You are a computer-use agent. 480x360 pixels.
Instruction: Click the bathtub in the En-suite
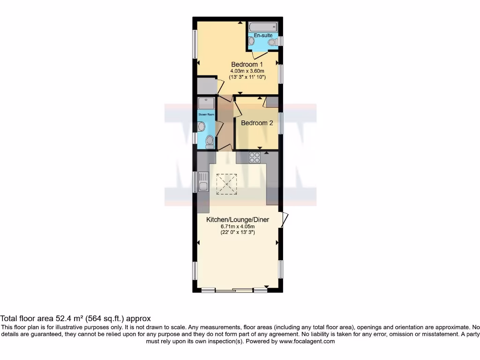click(x=263, y=27)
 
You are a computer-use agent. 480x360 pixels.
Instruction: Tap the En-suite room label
click(x=262, y=36)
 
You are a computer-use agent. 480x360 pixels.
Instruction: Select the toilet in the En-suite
click(x=272, y=43)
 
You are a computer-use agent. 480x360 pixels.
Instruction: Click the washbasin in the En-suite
click(x=251, y=42)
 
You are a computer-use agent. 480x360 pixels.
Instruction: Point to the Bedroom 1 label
click(x=247, y=64)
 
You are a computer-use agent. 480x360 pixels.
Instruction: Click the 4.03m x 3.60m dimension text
click(x=247, y=71)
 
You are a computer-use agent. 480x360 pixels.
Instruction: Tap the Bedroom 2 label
click(x=257, y=123)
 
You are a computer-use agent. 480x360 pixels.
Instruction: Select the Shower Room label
click(x=206, y=114)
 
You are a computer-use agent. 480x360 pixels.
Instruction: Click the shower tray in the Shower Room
click(x=206, y=103)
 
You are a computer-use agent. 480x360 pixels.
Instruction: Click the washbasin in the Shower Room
click(x=202, y=126)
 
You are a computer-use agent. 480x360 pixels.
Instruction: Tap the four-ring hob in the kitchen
click(x=255, y=157)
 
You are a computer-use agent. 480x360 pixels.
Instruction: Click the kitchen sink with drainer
click(x=203, y=181)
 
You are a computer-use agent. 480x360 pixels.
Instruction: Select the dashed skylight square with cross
click(x=226, y=184)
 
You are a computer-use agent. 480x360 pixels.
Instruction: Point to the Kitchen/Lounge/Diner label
click(x=238, y=219)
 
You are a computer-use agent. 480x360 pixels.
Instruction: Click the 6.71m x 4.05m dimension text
click(x=238, y=226)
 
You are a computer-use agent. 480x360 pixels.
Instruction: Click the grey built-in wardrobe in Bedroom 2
click(x=272, y=102)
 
